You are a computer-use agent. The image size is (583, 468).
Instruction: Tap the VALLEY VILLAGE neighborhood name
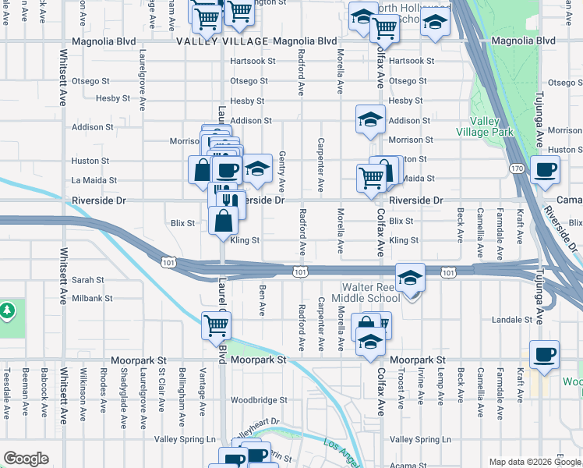click(222, 41)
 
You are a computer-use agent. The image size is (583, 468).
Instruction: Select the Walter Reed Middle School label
click(366, 292)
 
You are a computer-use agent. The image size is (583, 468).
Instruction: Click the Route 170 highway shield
click(516, 168)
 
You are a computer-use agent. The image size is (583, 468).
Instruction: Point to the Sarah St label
click(87, 279)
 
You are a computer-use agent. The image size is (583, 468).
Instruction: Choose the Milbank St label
click(93, 298)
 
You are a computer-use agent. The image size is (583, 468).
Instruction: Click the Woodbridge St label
click(259, 400)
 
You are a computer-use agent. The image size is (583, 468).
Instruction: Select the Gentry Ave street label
click(281, 172)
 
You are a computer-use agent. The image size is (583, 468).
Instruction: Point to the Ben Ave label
click(262, 300)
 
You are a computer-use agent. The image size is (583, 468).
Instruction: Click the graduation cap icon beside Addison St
click(371, 119)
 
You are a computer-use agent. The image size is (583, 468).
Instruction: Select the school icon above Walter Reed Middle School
click(410, 278)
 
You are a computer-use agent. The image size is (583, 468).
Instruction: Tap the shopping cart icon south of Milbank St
click(216, 324)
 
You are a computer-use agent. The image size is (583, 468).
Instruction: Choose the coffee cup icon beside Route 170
click(545, 169)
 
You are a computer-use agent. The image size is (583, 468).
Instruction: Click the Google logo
click(26, 459)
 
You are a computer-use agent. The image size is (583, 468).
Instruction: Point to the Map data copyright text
click(535, 462)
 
